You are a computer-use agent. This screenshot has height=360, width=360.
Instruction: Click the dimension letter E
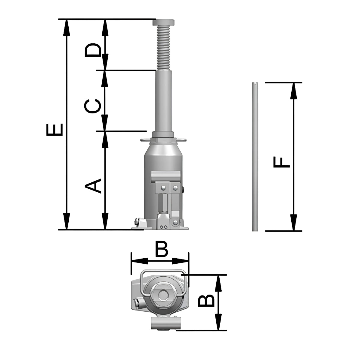[54, 130]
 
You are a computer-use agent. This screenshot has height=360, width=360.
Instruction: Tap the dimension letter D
[93, 50]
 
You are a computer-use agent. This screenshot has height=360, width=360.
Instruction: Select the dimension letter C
[93, 106]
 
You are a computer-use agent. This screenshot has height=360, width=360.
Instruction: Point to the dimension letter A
[93, 186]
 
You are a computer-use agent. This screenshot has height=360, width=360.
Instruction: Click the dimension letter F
[281, 162]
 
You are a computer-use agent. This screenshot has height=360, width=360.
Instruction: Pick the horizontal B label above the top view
[162, 249]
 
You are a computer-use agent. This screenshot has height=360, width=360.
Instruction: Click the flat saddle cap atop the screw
[164, 22]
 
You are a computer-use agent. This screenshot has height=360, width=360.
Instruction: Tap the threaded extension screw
[164, 48]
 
